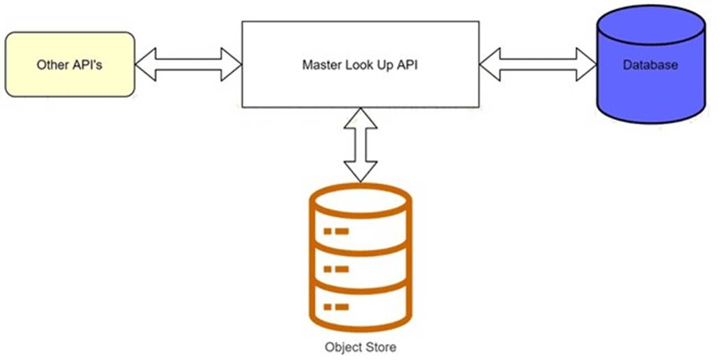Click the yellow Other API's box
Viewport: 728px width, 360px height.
[x=69, y=64]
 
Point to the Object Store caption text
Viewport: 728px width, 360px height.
[x=360, y=347]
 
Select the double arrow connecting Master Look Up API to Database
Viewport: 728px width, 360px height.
[x=538, y=65]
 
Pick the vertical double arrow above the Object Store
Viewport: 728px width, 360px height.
[x=360, y=144]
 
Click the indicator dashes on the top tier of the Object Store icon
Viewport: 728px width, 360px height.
[x=336, y=231]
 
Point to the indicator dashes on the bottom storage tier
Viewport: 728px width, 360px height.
[x=336, y=306]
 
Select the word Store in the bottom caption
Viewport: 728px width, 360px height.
[x=381, y=347]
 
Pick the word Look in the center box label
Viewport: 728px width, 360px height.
[x=363, y=65]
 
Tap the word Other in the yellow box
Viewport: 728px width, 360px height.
[x=52, y=65]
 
